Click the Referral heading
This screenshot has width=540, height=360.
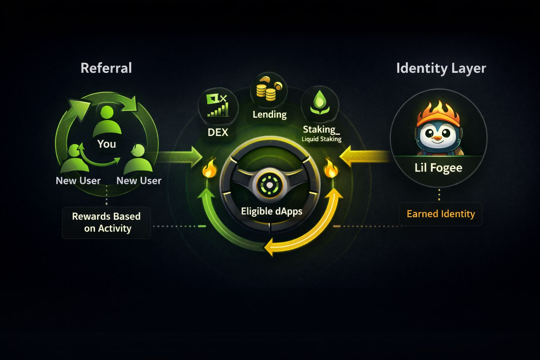point(106,68)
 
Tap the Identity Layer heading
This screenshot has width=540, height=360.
point(441,68)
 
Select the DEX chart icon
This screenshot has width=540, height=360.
point(218,105)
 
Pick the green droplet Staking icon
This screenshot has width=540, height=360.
point(320,102)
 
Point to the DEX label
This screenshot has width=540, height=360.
point(218,133)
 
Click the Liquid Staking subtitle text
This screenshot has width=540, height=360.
point(321,139)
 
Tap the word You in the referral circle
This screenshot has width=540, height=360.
point(107,144)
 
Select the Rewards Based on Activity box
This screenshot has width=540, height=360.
point(106,223)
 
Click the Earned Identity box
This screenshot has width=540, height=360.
point(441,214)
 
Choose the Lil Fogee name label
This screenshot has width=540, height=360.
point(438,168)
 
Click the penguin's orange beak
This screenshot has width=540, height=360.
point(437,138)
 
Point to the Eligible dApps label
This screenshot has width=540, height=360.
point(271,211)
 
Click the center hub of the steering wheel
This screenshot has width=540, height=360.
point(269,185)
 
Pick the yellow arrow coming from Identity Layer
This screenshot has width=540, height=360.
point(366,156)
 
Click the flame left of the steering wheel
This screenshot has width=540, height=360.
point(209,169)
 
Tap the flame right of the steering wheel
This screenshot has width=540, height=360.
point(331,169)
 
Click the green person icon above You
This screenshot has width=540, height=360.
point(107,121)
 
